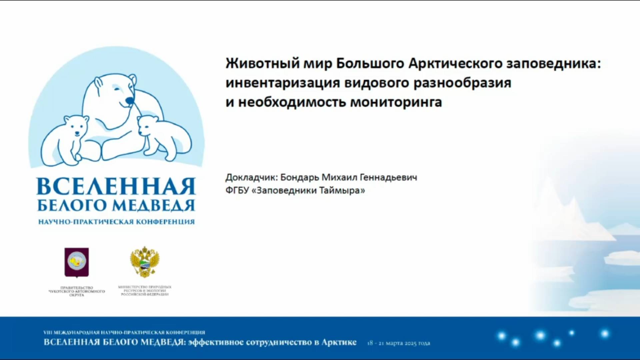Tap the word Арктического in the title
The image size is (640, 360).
coord(455,63)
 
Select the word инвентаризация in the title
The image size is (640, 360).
coord(283,83)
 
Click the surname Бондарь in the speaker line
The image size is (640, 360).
coord(299,177)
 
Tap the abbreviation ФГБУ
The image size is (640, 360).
coord(237,190)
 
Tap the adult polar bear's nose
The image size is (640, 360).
coord(129,100)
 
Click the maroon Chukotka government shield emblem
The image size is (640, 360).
coord(77,262)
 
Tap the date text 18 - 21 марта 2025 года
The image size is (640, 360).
coord(399,343)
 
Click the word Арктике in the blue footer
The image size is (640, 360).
coord(339,342)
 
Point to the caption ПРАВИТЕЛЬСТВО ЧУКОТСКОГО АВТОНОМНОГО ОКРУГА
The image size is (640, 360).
coord(77,291)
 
